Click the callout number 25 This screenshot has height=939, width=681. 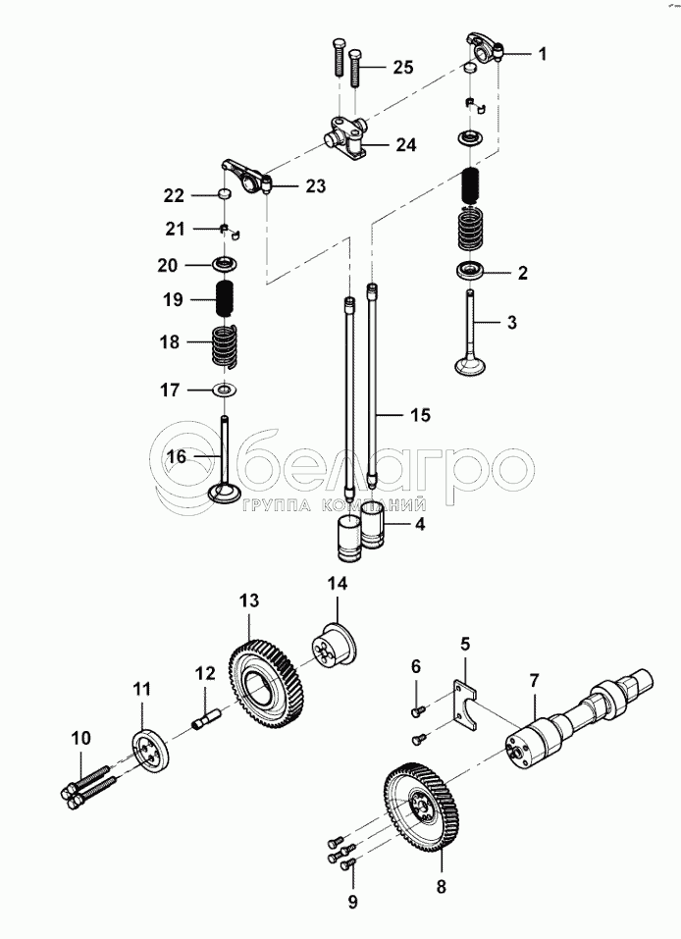coord(403,68)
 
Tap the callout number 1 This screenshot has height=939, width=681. coord(541,55)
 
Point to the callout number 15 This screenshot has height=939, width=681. coord(420,416)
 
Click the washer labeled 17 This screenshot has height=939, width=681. coord(226,391)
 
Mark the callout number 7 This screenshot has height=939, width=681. coord(535,680)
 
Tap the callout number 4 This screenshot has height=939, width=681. coord(419,524)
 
